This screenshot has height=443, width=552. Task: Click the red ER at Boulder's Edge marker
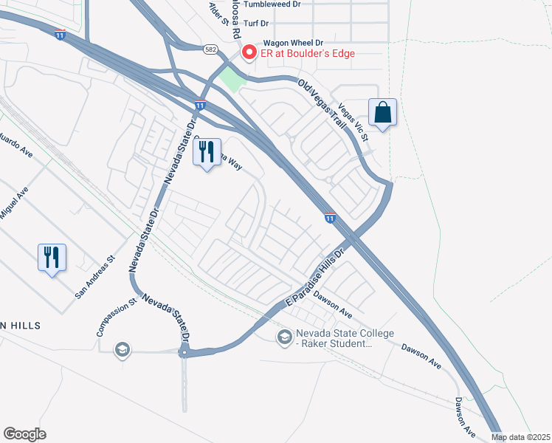pos(249,52)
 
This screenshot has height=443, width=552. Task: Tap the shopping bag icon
pos(383,113)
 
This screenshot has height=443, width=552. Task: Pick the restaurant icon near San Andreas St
pos(52,258)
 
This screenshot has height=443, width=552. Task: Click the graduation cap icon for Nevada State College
pos(284,337)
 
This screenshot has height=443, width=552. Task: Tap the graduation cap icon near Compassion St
pos(122,349)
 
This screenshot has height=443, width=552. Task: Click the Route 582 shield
pos(210,47)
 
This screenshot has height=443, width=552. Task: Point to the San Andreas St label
pos(96,277)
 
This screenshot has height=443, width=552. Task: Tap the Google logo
pos(24,434)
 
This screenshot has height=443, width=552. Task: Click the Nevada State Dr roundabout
pos(184,354)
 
